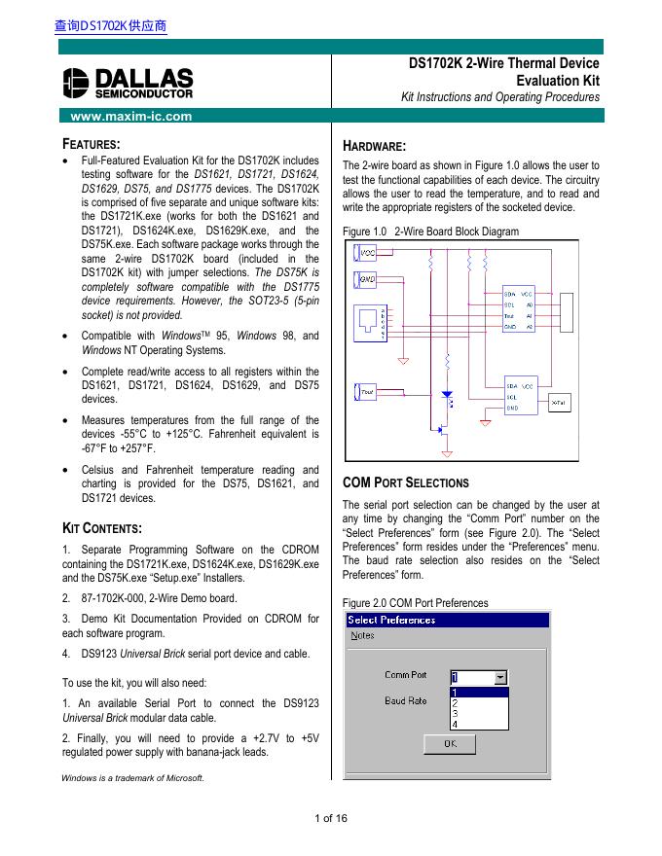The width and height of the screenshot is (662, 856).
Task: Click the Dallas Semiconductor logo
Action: tap(127, 84)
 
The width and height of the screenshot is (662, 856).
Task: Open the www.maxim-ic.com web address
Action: tap(126, 117)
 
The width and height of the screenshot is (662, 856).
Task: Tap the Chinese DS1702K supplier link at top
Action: tap(111, 27)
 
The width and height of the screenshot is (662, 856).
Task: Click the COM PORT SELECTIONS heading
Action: tap(406, 483)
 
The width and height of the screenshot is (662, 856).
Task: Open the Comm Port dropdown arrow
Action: tap(500, 676)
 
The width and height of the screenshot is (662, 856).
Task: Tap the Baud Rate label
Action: tap(405, 700)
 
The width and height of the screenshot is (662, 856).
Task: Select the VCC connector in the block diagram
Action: tap(366, 253)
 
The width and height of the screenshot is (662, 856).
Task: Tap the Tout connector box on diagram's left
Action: tap(366, 391)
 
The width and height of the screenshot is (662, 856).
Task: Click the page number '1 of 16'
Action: tap(331, 818)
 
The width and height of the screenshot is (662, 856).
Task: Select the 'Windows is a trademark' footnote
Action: tap(132, 777)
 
